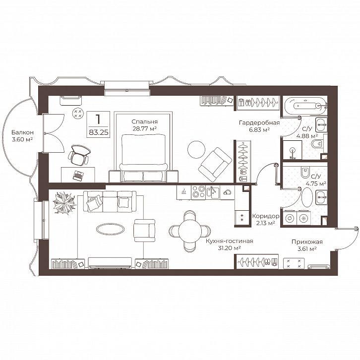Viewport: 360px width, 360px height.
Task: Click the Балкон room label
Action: tap(22, 132)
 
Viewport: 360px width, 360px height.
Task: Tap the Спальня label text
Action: tap(144, 121)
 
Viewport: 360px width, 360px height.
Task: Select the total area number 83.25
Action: tap(98, 132)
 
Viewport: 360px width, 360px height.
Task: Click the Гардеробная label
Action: tap(259, 122)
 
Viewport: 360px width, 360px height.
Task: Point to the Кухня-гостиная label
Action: tap(229, 241)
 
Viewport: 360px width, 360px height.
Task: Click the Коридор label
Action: tap(266, 216)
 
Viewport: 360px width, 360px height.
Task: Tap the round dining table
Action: tap(190, 231)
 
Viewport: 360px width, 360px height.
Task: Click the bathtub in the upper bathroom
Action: tap(305, 105)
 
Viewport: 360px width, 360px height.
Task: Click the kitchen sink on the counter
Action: tap(213, 192)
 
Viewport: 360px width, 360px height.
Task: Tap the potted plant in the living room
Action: tap(64, 203)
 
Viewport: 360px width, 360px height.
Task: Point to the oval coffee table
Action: tap(110, 229)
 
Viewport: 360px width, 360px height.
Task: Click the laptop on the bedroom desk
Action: tap(78, 176)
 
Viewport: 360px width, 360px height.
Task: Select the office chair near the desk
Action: tap(79, 155)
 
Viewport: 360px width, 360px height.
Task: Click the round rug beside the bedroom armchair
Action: tap(196, 149)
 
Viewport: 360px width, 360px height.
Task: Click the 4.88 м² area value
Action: tap(307, 136)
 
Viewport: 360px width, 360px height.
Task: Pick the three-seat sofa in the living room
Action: tap(110, 202)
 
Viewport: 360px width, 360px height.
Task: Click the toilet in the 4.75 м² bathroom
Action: tap(305, 172)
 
